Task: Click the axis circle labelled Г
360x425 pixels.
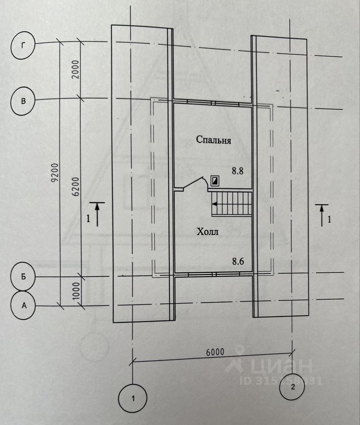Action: pyautogui.click(x=23, y=46)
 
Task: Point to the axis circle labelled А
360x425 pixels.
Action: pyautogui.click(x=23, y=305)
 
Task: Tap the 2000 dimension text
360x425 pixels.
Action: pyautogui.click(x=75, y=70)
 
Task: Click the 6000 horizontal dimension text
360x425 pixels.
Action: pyautogui.click(x=215, y=352)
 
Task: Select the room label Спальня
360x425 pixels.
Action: pyautogui.click(x=214, y=141)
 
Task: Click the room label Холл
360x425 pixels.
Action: pyautogui.click(x=207, y=231)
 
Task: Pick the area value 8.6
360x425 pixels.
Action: pyautogui.click(x=238, y=261)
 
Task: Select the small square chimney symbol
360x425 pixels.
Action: pyautogui.click(x=215, y=180)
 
